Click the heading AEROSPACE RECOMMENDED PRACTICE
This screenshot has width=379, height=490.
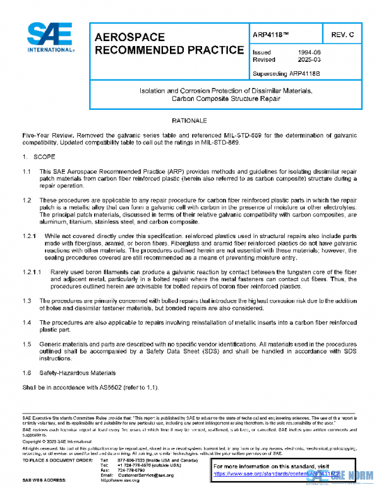(169, 44)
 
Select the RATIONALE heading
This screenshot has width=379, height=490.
(189, 119)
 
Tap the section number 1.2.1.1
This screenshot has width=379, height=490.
(33, 273)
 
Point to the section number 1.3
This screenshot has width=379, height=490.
(27, 301)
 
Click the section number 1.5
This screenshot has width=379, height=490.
(27, 344)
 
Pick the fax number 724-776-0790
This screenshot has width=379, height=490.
(129, 470)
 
